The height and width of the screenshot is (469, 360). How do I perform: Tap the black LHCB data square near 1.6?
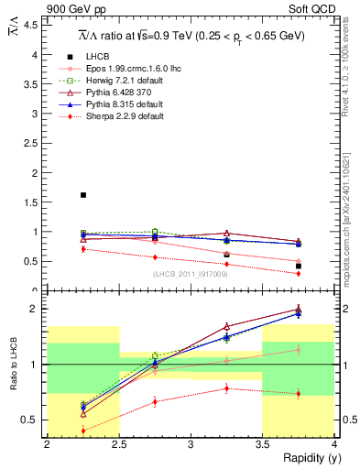coord(83,195)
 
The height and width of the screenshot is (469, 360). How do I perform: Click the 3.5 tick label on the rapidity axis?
coord(263,444)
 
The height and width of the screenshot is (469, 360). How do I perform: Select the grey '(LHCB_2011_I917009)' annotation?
coord(190,274)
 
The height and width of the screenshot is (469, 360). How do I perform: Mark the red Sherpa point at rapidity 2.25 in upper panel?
coord(83,248)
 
